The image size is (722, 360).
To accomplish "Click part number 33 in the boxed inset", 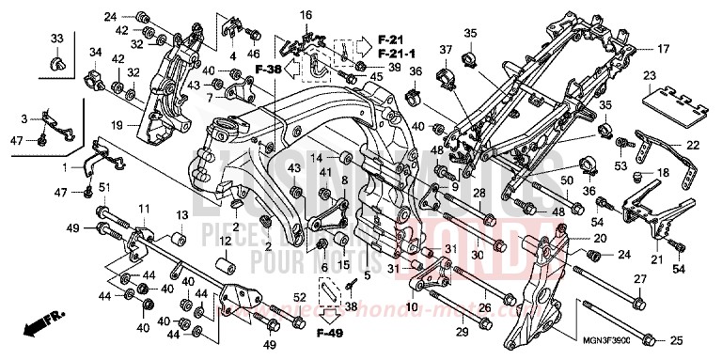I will (56, 39).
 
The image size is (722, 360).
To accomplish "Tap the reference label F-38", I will (266, 69).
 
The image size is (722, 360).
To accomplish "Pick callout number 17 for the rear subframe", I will (663, 48).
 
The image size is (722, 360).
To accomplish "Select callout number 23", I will (650, 75).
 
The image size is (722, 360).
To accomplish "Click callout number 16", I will (305, 16).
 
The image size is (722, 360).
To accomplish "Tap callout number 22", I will (693, 145).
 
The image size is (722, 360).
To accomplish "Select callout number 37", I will (445, 49).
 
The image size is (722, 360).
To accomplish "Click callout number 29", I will (463, 332).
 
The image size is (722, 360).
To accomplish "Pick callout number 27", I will (639, 278).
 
